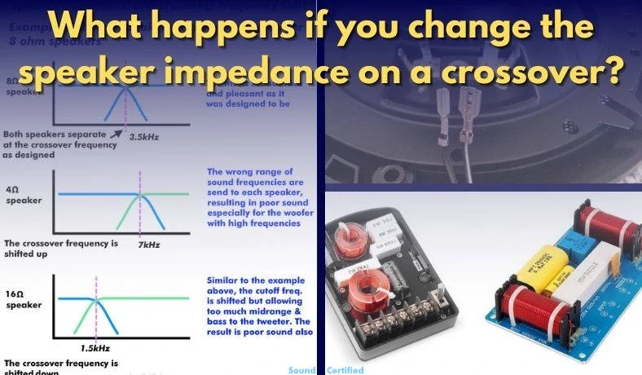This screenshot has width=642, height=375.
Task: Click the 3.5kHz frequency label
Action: (x=144, y=136)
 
